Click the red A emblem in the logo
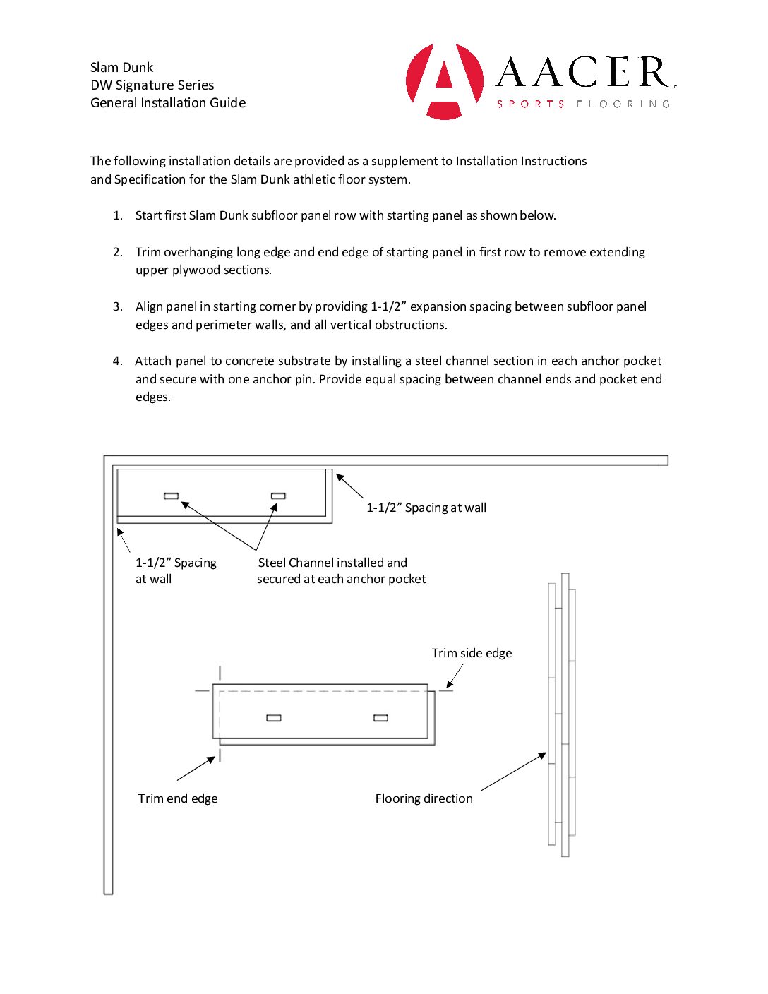(x=445, y=80)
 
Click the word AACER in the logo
(x=583, y=73)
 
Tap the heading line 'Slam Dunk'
(x=121, y=68)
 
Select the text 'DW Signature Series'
(x=152, y=85)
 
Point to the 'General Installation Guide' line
(x=168, y=103)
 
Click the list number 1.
(x=118, y=215)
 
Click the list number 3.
(x=118, y=306)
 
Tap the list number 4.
(x=118, y=361)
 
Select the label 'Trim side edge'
(x=472, y=653)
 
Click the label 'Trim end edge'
(x=178, y=798)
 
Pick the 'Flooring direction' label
(x=424, y=798)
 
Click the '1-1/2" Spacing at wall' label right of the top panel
(x=426, y=508)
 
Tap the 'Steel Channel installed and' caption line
(x=332, y=563)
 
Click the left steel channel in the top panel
(x=172, y=496)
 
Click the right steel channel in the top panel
(x=279, y=496)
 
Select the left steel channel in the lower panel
(x=274, y=718)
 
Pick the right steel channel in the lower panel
(x=380, y=718)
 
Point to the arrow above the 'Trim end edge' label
(x=196, y=768)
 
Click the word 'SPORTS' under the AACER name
(x=530, y=104)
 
